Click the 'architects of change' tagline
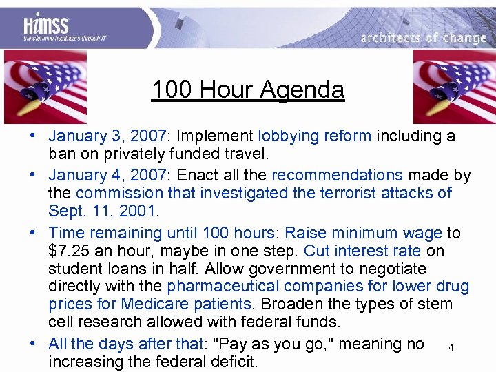click(423, 38)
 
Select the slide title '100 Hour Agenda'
click(247, 90)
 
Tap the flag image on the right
click(453, 86)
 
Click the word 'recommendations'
click(337, 175)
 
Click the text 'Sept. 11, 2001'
click(103, 211)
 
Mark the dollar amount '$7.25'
click(70, 251)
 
